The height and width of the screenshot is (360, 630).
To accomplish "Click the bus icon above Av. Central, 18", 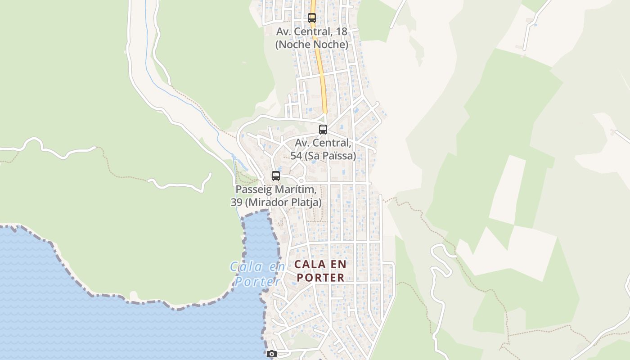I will pos(311,18).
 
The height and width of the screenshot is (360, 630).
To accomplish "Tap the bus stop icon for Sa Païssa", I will pos(323,130).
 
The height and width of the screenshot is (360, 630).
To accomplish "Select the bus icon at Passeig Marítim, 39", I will pos(276,176).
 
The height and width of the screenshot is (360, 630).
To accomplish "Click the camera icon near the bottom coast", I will pos(271,354).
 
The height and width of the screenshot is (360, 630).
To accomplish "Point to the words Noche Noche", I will pos(312,45).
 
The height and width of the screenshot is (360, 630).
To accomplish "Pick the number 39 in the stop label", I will pos(237,202).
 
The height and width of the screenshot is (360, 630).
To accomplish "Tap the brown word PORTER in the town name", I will pos(321,278).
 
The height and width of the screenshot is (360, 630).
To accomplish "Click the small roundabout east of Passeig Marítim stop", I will pos(301,181).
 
